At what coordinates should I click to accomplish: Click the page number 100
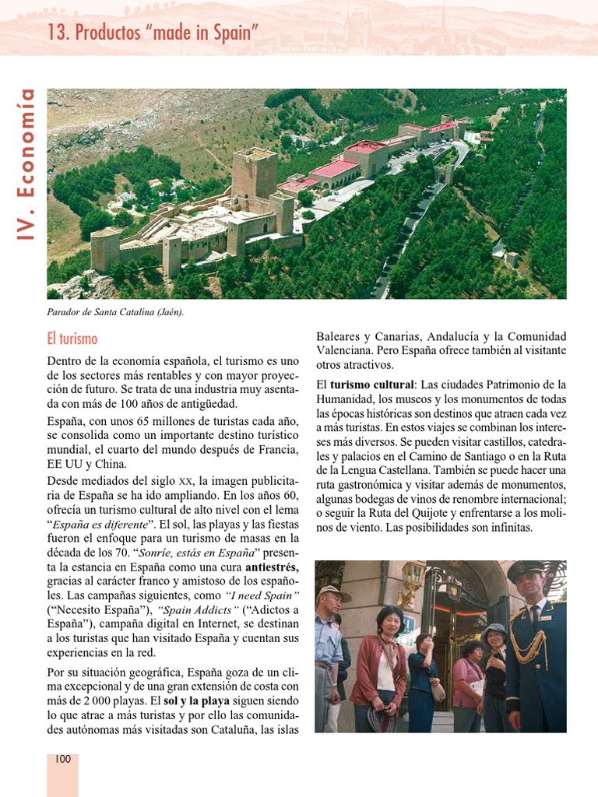coord(62,759)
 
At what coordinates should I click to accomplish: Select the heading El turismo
coord(72,339)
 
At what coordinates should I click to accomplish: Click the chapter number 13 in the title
coord(57,33)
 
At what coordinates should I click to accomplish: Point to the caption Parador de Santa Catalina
coord(115,312)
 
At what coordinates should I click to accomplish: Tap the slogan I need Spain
coord(253,595)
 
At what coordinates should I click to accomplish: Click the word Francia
coord(277,450)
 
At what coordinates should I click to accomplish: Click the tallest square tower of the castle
coord(254,173)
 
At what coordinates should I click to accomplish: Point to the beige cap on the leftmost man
coord(330,592)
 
